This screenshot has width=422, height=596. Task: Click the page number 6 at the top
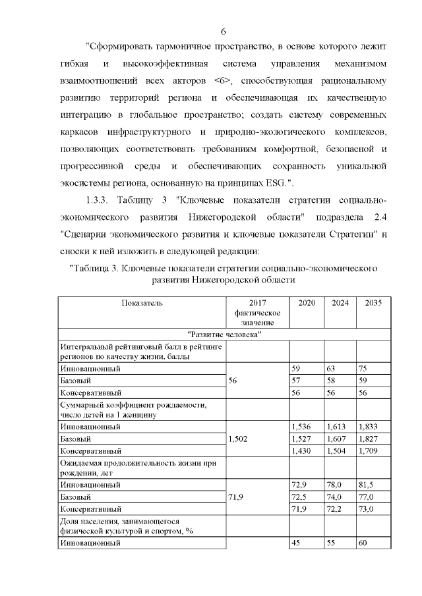pos(224,31)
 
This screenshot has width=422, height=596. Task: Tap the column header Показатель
pos(141,303)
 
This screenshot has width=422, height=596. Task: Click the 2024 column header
pos(340,303)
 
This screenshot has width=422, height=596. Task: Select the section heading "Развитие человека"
pos(224,335)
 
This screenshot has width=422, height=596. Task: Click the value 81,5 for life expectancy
pos(367,485)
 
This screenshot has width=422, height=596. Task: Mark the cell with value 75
pos(364,369)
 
